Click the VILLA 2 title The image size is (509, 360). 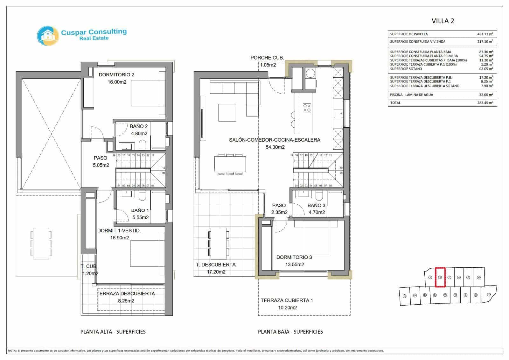pos(443,21)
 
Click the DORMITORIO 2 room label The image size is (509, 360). pos(116,75)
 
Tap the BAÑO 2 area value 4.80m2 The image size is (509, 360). pos(139,134)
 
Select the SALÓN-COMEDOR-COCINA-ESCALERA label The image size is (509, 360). pos(275,140)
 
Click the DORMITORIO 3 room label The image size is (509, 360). pos(294,257)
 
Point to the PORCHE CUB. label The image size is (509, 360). pos(267,58)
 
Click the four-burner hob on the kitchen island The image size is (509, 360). pos(307,108)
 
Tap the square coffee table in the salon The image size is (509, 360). pos(227,113)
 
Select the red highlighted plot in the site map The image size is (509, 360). pos(440,277)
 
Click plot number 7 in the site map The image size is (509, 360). pos(488,295)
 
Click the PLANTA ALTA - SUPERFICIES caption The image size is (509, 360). pos(113,332)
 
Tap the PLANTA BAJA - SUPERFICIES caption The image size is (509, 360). pos(290,332)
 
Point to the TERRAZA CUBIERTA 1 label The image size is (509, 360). pos(287,300)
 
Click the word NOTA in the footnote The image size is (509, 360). pos(12,351)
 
